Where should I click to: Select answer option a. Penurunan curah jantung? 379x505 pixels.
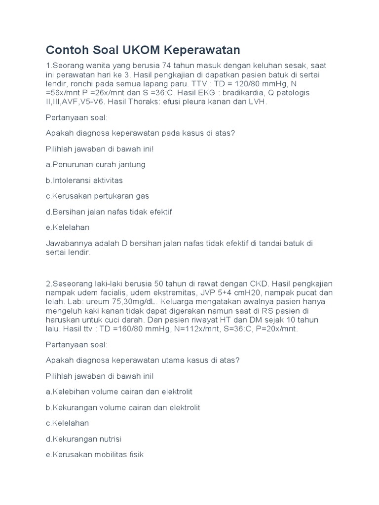point(95,164)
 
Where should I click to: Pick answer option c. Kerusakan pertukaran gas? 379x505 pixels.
point(97,196)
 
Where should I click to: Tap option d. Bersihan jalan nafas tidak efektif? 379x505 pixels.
point(109,212)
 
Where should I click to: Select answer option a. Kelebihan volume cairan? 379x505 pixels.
point(119,392)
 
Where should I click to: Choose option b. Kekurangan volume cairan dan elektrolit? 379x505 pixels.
point(123,407)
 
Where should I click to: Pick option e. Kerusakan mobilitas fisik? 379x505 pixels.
point(94,455)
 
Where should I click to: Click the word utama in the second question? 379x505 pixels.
point(178,360)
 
